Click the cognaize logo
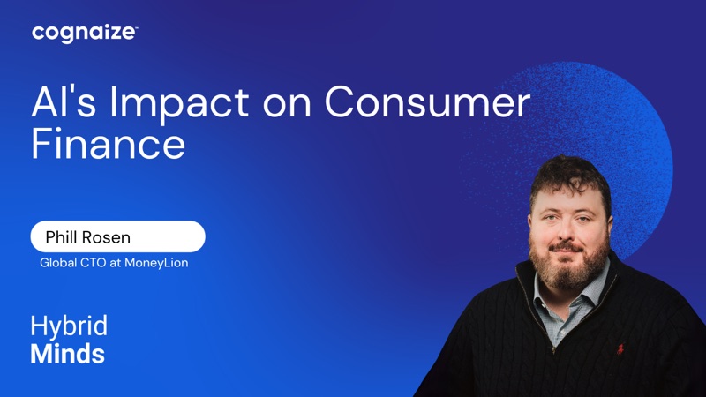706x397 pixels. tap(84, 34)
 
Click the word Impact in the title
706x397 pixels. tap(180, 104)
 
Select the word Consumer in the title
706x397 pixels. tap(427, 101)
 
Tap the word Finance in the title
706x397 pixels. tap(108, 144)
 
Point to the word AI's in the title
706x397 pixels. tap(64, 101)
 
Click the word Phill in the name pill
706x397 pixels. tap(62, 237)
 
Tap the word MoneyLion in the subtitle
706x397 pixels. tap(156, 263)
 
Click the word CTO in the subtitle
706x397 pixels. tap(93, 263)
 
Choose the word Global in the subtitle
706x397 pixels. tap(58, 263)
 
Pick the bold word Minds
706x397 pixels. tap(68, 354)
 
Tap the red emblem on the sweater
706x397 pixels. tap(620, 348)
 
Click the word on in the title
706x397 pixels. tap(287, 104)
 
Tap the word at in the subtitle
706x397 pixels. tap(116, 263)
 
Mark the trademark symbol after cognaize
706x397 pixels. tap(136, 27)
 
